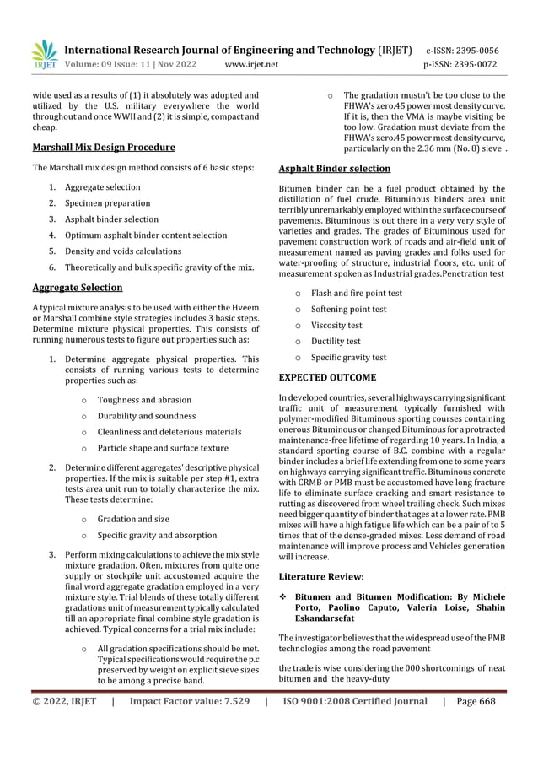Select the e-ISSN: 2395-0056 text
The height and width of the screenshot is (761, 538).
[x=461, y=50]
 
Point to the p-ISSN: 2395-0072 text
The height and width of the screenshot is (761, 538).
[x=461, y=63]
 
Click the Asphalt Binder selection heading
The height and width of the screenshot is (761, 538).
[x=334, y=168]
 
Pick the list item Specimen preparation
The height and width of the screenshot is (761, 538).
[x=108, y=203]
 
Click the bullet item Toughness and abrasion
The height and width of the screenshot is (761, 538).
[x=144, y=400]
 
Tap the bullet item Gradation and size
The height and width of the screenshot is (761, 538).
[x=133, y=519]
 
